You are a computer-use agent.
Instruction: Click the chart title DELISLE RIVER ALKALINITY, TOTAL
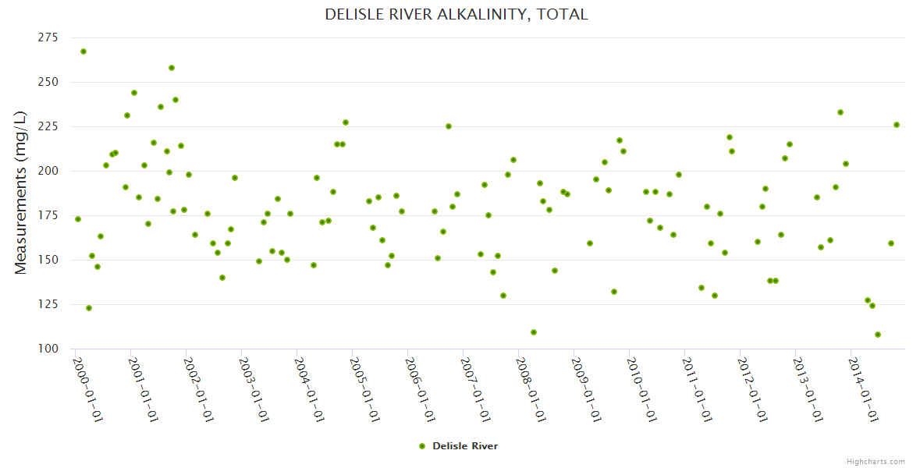point(456,15)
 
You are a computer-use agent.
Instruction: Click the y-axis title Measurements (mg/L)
point(21,193)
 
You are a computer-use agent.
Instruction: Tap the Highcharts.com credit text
point(876,461)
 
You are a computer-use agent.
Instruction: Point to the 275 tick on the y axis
point(48,37)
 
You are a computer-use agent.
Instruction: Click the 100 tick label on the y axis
point(48,349)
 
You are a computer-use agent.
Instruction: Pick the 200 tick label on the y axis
point(48,171)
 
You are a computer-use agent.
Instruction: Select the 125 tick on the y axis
point(48,304)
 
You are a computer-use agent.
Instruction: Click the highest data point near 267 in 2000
point(83,51)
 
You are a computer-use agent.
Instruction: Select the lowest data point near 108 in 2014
point(878,335)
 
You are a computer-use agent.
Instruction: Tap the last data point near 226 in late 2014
point(897,125)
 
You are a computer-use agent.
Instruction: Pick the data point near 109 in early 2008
point(534,332)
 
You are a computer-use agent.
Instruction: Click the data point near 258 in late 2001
point(172,68)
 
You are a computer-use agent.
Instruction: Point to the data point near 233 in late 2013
point(840,112)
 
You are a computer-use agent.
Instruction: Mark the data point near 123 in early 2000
point(89,308)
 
